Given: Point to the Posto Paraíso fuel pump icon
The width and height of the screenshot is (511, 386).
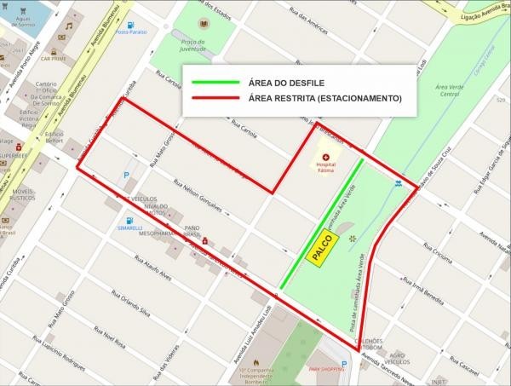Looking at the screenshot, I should [130, 26].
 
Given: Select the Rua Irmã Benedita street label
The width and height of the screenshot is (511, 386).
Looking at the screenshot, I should [422, 293].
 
